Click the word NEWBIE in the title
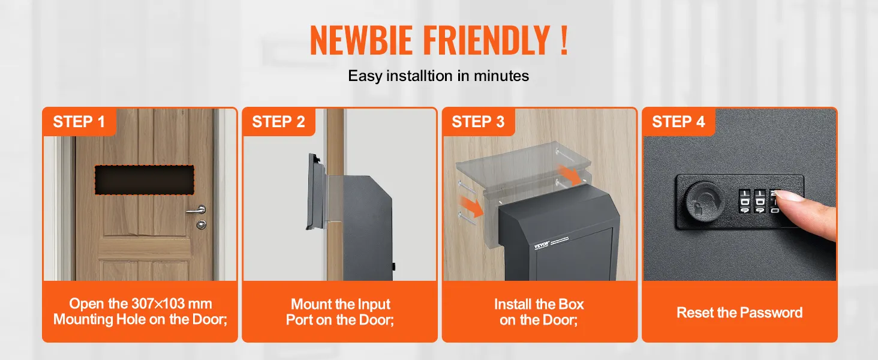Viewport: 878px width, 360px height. click(361, 40)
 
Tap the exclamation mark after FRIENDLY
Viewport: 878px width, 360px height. click(564, 40)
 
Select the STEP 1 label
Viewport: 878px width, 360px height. click(79, 122)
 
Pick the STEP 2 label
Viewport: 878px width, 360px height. click(278, 122)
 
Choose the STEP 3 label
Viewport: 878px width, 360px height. click(478, 122)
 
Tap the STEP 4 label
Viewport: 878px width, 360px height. click(678, 122)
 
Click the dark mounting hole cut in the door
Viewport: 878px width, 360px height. click(145, 179)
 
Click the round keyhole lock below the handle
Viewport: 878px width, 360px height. click(201, 225)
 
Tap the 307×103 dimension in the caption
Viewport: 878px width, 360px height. click(158, 304)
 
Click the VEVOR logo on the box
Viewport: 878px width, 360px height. click(542, 245)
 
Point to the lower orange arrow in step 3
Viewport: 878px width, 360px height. click(471, 206)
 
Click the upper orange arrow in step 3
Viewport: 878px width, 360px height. click(569, 175)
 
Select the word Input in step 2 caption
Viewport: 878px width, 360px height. click(374, 304)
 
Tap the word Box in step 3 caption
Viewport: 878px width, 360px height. click(571, 304)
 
